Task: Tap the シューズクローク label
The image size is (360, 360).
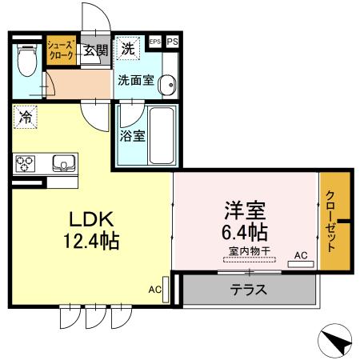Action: (62, 50)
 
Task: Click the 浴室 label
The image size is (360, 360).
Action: (132, 135)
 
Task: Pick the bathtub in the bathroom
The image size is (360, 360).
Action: (160, 134)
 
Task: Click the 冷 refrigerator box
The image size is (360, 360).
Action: (26, 118)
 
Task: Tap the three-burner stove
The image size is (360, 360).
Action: (25, 163)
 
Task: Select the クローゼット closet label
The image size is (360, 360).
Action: (330, 222)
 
